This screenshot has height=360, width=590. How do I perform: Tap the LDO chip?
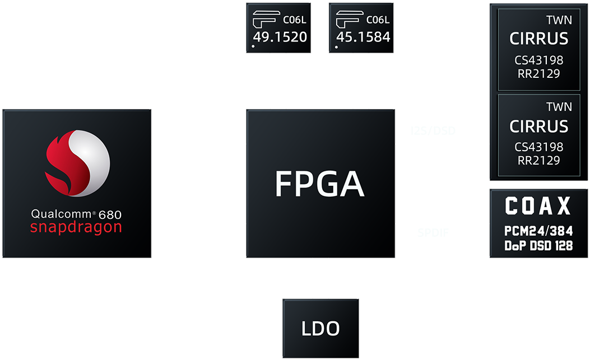(x=321, y=329)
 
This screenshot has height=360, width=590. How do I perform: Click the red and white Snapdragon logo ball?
(x=77, y=163)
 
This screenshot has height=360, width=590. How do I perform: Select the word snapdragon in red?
(x=76, y=227)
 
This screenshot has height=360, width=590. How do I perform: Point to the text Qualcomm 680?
(x=76, y=213)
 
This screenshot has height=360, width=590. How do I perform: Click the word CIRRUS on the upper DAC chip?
(x=539, y=39)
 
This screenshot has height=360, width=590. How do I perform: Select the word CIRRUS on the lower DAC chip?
(x=539, y=127)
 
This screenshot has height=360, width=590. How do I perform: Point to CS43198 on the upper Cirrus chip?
(x=539, y=60)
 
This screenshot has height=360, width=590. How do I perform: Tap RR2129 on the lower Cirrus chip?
(x=539, y=161)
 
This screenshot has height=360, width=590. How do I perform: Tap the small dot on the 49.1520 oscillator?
(x=254, y=47)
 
